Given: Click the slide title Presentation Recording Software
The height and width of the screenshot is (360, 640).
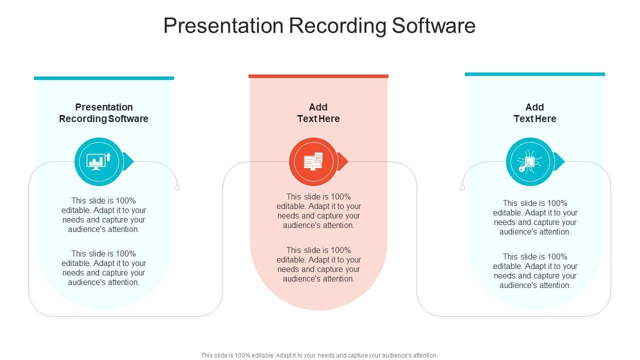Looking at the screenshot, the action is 319,25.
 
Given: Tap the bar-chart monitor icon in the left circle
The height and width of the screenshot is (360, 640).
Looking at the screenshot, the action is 98,161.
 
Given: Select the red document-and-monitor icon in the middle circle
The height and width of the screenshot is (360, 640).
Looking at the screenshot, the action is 313,161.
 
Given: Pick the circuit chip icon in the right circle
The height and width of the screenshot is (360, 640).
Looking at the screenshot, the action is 529,161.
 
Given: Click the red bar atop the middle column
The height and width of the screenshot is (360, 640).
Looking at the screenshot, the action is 318,76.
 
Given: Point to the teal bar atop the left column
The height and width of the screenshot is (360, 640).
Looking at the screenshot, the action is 104,78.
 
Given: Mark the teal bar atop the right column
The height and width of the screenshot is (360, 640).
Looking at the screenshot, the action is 534,74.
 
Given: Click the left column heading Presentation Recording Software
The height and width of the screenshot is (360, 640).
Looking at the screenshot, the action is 103,113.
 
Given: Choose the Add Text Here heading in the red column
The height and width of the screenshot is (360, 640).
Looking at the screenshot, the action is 318,113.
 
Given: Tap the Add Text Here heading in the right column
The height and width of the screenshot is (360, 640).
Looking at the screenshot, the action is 534,113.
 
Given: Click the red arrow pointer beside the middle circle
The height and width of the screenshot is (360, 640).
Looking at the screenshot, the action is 343,161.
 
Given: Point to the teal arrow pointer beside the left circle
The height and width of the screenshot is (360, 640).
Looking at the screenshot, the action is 128,161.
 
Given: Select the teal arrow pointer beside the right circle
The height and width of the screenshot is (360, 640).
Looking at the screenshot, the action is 559,161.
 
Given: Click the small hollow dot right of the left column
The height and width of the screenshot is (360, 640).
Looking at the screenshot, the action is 177,187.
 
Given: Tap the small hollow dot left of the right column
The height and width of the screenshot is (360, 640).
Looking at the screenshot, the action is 462,187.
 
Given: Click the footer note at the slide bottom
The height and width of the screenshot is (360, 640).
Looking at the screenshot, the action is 319,355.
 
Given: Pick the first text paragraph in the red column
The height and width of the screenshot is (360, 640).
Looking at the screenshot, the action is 318,211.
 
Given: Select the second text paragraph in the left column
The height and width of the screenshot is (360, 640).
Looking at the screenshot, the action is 103,268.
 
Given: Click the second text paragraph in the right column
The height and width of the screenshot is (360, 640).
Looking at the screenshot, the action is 535,271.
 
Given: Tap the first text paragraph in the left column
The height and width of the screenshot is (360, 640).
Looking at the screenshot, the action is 103,215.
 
